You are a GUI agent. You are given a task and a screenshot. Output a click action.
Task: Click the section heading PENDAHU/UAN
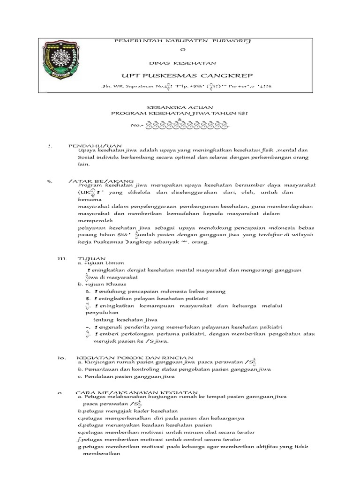[x=95, y=146]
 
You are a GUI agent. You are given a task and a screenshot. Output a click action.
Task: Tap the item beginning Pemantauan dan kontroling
[x=174, y=369]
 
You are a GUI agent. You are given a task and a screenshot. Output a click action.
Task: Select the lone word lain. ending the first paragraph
[x=83, y=165]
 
